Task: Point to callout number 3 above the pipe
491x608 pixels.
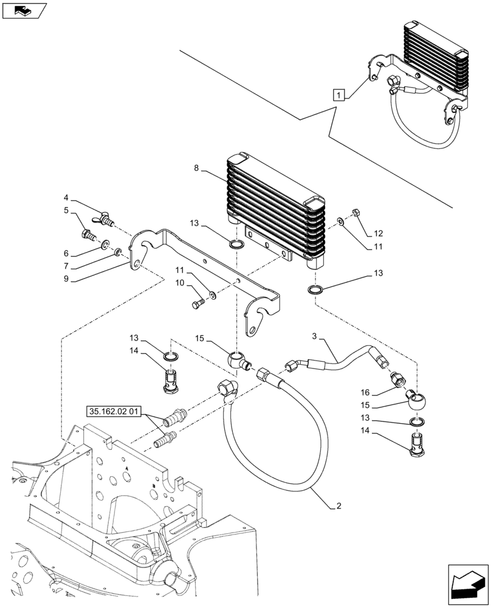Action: tap(314, 336)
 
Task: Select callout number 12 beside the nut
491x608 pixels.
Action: tap(379, 233)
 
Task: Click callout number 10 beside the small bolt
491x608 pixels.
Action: tap(180, 283)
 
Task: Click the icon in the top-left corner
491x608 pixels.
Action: tap(24, 10)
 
